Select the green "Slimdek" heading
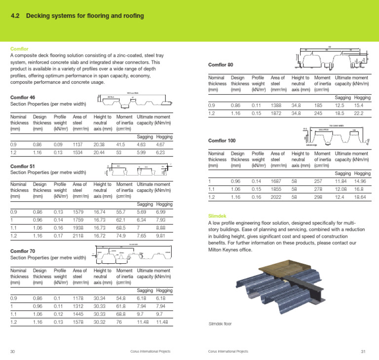point(219,216)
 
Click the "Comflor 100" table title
point(222,141)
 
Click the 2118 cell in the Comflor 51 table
point(79,237)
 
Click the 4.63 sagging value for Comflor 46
point(142,144)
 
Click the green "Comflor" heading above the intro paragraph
point(19,49)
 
